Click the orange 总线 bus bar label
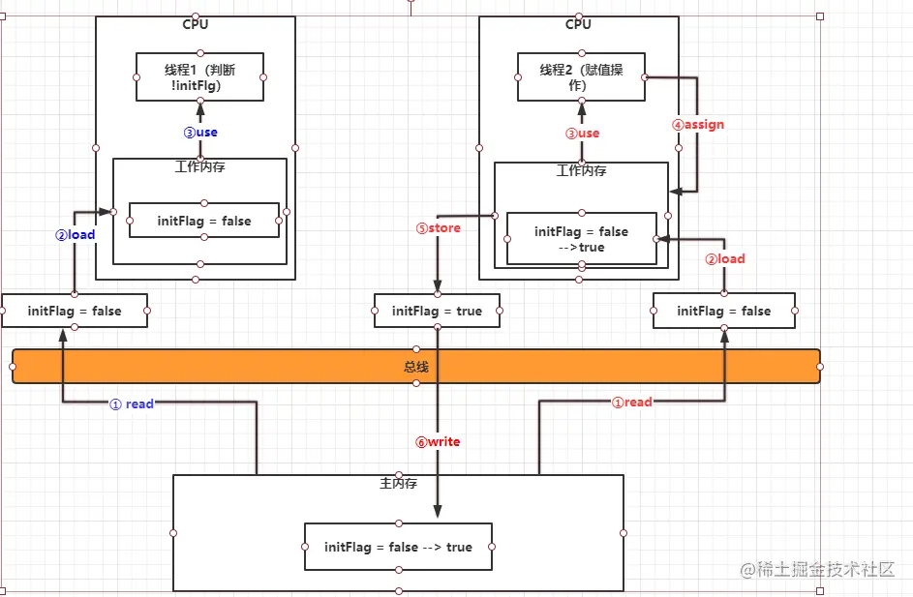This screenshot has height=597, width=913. (x=416, y=367)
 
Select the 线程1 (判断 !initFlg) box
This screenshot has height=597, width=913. (x=199, y=76)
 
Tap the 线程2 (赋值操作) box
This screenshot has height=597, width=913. (x=581, y=76)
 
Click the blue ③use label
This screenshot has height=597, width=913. (x=200, y=133)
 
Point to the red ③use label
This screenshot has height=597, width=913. (x=582, y=134)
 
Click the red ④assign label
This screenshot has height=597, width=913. (x=698, y=125)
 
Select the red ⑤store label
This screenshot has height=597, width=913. (x=439, y=229)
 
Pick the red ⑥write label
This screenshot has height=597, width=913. (x=438, y=442)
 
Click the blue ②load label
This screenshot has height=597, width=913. (x=74, y=235)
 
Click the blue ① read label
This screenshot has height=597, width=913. (x=132, y=404)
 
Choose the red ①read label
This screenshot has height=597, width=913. (x=631, y=403)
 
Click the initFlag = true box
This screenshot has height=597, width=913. (x=437, y=312)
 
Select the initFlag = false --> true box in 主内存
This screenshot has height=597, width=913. (x=398, y=548)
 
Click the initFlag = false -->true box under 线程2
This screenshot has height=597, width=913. (x=581, y=239)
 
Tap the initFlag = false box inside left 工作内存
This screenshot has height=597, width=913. (x=203, y=222)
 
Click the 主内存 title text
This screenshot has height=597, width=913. (x=398, y=483)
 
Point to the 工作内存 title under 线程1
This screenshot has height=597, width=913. (x=200, y=167)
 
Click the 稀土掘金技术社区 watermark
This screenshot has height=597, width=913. (x=826, y=570)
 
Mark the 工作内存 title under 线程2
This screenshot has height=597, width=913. (x=582, y=171)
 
